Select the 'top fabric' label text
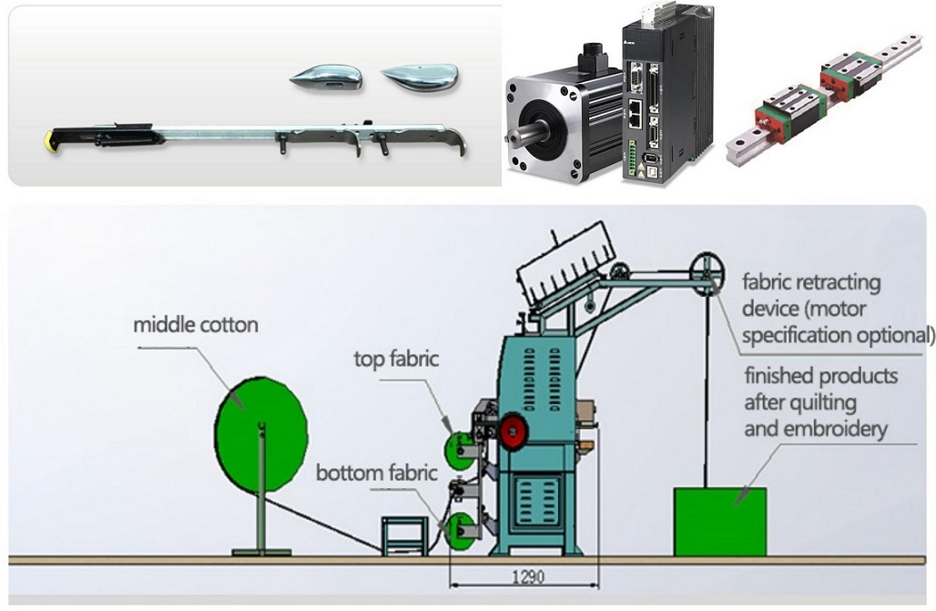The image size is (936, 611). coord(396,359)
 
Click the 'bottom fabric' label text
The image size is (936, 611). coord(377,474)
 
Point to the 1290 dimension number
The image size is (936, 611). coord(524,577)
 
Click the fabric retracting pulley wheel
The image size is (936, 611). coord(707,271)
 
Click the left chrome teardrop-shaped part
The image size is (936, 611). coord(326,78)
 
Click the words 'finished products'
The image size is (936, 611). coord(820,376)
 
